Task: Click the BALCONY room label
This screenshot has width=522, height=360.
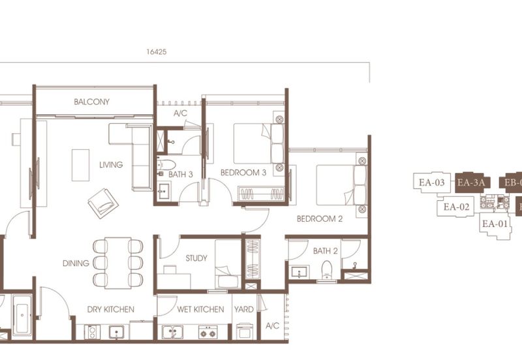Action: (x=91, y=102)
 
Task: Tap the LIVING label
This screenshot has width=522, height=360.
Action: (x=111, y=165)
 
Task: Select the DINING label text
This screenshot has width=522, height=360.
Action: (x=76, y=263)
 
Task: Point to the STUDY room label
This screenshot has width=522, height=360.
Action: (x=196, y=258)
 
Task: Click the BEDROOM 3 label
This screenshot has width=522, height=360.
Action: (x=243, y=173)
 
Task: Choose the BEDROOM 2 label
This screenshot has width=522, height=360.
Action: (x=319, y=219)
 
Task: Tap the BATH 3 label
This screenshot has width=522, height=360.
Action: (x=181, y=175)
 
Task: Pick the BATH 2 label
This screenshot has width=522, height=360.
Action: (x=325, y=250)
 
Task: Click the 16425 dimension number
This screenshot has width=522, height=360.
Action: (x=157, y=53)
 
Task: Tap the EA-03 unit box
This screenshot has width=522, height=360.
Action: (x=431, y=183)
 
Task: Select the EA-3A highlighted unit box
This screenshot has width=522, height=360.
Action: (x=470, y=183)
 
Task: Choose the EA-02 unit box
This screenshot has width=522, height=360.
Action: (x=457, y=207)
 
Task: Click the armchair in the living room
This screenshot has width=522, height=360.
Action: (x=103, y=203)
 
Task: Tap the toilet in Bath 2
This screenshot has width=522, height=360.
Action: (x=327, y=269)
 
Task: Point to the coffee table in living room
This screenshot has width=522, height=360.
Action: (x=80, y=165)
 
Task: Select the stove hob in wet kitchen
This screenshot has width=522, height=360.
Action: (x=207, y=333)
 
